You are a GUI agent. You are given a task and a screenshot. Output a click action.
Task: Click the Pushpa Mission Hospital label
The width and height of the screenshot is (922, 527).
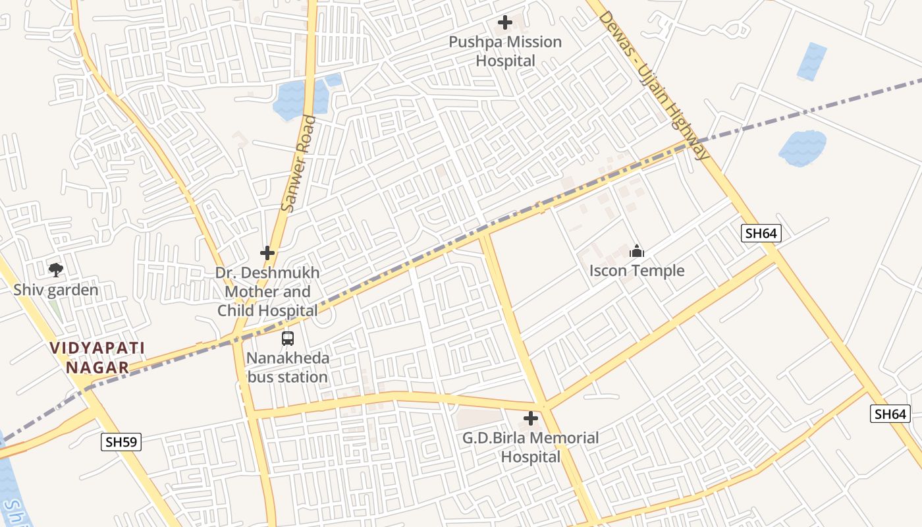click(x=505, y=51)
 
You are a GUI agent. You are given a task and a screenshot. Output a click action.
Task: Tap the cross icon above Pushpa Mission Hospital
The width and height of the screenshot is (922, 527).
click(x=505, y=23)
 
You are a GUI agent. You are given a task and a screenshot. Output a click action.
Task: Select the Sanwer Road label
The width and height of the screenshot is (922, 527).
click(x=298, y=164)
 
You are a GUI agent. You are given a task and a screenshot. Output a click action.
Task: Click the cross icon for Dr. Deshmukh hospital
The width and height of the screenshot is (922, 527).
click(x=267, y=253)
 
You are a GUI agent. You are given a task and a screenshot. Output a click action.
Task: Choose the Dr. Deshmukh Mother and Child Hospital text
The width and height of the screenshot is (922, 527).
click(x=268, y=291)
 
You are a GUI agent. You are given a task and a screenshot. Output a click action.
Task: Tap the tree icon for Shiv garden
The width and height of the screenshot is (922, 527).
click(x=56, y=269)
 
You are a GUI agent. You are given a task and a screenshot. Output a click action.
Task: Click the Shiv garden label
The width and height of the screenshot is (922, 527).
click(x=56, y=290)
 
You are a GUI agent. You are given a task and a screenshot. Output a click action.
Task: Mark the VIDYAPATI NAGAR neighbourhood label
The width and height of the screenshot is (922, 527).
click(x=97, y=358)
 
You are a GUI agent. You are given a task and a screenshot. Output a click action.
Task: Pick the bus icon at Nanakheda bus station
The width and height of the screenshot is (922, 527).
click(x=288, y=339)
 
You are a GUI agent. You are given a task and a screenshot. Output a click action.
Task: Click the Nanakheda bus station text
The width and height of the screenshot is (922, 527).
click(x=287, y=368)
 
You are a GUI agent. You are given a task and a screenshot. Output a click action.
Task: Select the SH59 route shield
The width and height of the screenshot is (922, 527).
click(x=121, y=442)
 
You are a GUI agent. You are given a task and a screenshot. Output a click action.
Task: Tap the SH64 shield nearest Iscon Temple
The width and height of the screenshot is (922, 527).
click(x=761, y=233)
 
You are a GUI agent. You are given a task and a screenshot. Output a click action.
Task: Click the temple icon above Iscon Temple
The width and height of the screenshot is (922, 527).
click(x=637, y=251)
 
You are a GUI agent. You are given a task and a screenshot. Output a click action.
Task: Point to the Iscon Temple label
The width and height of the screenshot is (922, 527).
click(x=637, y=271)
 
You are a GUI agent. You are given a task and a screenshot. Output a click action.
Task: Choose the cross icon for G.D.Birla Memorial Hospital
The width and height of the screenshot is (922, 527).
click(x=531, y=418)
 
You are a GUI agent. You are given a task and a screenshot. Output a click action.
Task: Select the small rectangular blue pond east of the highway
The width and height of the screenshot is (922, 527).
click(x=811, y=61)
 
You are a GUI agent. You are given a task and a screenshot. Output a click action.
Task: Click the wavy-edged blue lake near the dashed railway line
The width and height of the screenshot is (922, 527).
click(x=802, y=148)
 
